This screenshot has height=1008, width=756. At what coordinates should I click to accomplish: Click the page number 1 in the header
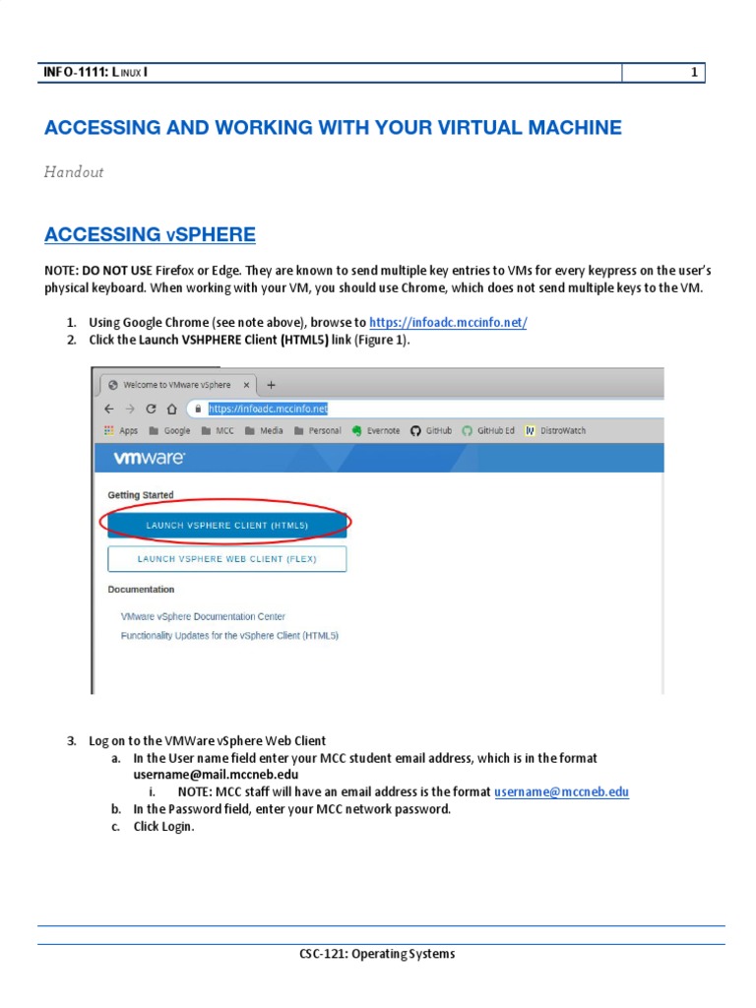pos(694,73)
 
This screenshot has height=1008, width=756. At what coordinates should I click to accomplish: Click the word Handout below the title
pos(74,172)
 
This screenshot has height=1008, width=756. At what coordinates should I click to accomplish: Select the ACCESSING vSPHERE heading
pos(150,234)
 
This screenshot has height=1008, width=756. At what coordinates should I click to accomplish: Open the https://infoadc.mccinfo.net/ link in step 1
pos(448,323)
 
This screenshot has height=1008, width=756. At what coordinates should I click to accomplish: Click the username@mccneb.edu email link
pos(561,791)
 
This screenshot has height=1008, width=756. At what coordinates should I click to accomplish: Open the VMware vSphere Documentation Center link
pos(203,617)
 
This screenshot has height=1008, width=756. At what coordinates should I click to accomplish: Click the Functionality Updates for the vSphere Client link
pos(229,636)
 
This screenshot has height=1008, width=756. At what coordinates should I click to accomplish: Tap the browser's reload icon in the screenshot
pos(151,409)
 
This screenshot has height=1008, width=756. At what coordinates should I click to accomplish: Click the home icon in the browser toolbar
pos(172,409)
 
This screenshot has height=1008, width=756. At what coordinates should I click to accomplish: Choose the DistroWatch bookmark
pos(556,431)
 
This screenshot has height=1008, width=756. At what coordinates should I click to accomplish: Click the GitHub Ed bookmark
pos(488,431)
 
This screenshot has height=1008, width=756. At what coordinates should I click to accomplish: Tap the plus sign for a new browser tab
pos(272,385)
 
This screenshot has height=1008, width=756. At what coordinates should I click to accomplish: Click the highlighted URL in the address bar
pos(268,409)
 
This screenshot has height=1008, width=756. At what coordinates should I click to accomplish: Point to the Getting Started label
pos(141,495)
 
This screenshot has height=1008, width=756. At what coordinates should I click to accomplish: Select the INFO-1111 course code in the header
pos(74,73)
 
